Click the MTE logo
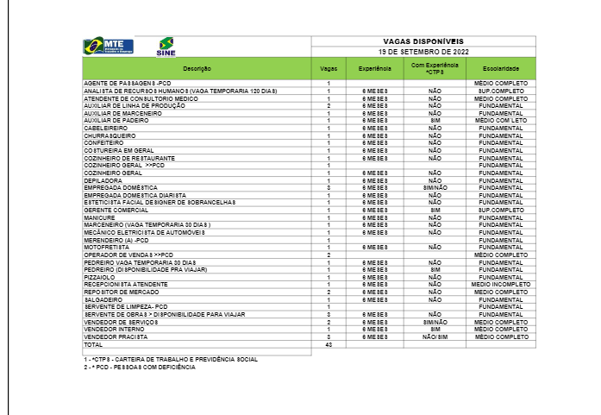[103, 46]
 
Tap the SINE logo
[166, 46]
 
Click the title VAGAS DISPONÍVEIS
[423, 41]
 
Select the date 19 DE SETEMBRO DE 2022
[423, 51]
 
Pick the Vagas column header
[329, 67]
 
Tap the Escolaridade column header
[501, 67]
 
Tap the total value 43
[329, 344]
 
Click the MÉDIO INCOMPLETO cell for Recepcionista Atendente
[501, 282]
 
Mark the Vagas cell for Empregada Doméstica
[329, 185]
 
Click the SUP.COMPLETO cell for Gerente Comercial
[501, 210]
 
